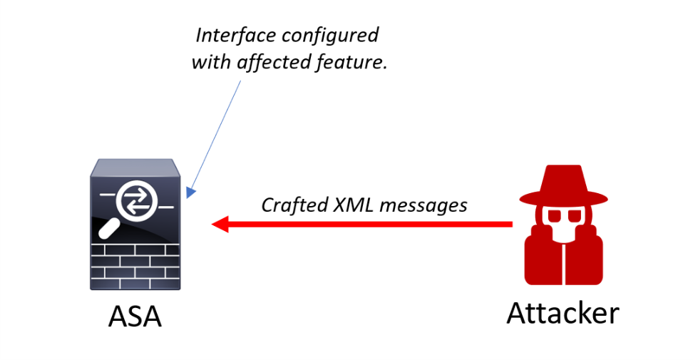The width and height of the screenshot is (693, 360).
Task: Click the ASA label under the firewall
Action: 135,317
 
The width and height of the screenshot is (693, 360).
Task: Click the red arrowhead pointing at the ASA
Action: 219,225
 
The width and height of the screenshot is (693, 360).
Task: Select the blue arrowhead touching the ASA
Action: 189,192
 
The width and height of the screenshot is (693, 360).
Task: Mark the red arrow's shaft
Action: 371,225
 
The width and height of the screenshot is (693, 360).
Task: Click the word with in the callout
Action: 210,62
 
